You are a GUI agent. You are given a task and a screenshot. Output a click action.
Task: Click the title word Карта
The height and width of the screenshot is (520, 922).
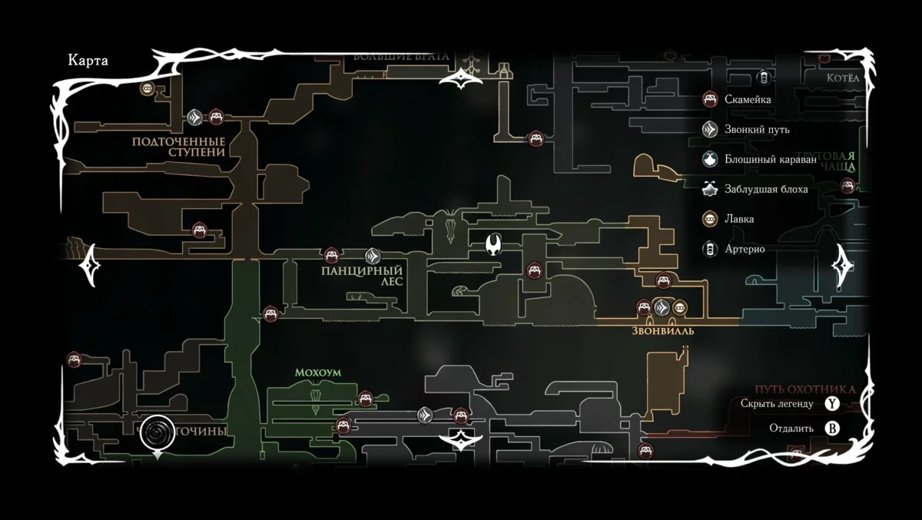(88, 61)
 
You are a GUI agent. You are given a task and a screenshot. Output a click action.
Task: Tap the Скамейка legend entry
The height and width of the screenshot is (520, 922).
(748, 99)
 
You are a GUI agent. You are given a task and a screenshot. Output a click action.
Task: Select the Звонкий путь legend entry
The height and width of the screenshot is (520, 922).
(756, 129)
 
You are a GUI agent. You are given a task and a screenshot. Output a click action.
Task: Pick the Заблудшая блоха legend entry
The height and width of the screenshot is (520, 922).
(765, 189)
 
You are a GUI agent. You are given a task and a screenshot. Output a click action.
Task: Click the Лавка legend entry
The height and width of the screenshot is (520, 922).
(738, 219)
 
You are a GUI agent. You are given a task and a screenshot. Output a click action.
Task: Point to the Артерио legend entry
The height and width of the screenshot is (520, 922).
(744, 249)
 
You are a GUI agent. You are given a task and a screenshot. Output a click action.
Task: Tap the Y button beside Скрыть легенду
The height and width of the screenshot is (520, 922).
(831, 403)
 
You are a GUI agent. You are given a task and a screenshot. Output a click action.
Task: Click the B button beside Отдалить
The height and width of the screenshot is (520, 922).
(831, 429)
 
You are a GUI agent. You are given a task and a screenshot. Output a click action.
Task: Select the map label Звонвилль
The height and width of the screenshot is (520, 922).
(662, 331)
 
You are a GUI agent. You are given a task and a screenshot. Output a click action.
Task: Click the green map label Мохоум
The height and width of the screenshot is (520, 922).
(317, 373)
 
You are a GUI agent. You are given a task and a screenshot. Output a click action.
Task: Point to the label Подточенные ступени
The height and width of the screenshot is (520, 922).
(178, 147)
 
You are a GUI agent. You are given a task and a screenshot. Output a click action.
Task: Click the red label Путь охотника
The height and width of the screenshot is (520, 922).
(804, 389)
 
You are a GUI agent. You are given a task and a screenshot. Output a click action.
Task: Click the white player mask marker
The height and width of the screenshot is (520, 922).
(493, 244)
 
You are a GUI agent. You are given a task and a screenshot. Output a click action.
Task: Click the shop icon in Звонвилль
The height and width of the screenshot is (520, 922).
(679, 308)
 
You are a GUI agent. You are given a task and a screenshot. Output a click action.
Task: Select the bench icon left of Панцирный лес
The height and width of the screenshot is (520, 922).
(332, 254)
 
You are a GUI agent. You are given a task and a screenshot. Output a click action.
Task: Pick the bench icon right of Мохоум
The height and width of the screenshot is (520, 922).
(366, 398)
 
